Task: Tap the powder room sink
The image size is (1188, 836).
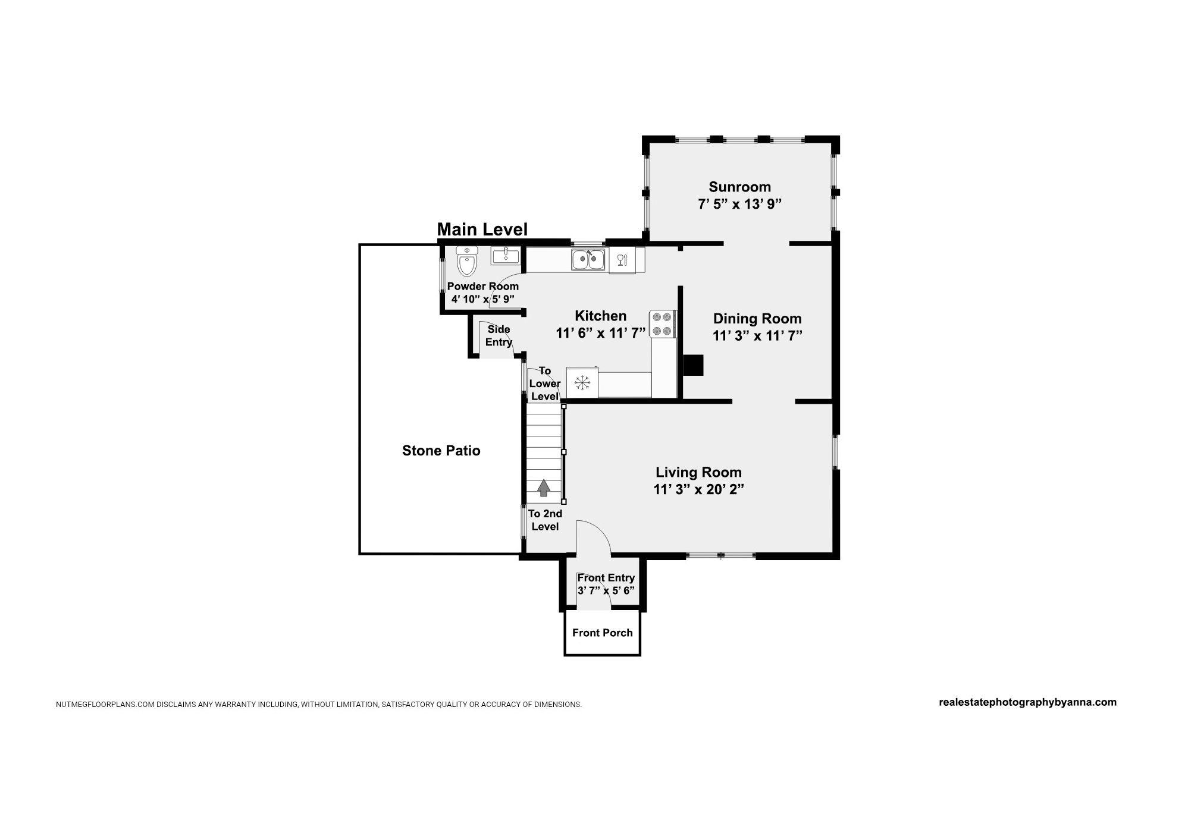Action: click(505, 256)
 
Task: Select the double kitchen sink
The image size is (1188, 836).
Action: click(588, 260)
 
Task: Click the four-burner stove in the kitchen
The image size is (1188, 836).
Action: click(662, 324)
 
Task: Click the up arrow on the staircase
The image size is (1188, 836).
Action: click(543, 488)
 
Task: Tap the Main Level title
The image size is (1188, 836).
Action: click(482, 230)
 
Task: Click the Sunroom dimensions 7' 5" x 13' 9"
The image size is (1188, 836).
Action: click(739, 204)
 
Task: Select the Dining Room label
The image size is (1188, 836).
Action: click(757, 319)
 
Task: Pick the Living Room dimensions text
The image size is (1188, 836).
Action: click(698, 489)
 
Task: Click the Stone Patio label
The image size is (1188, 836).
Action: click(441, 451)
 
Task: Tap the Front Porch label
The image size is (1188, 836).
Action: click(603, 633)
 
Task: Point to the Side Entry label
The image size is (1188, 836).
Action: click(499, 335)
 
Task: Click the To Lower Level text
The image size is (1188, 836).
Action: click(545, 384)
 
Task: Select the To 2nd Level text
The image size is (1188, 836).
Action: click(545, 520)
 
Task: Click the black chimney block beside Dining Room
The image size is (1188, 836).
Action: click(692, 365)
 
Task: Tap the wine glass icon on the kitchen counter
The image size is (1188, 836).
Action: click(622, 260)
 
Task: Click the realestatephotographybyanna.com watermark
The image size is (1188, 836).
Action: click(1027, 702)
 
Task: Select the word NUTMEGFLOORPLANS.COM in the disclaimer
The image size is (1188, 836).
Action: click(105, 705)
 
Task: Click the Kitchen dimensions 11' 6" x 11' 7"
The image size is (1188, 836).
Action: click(601, 333)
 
